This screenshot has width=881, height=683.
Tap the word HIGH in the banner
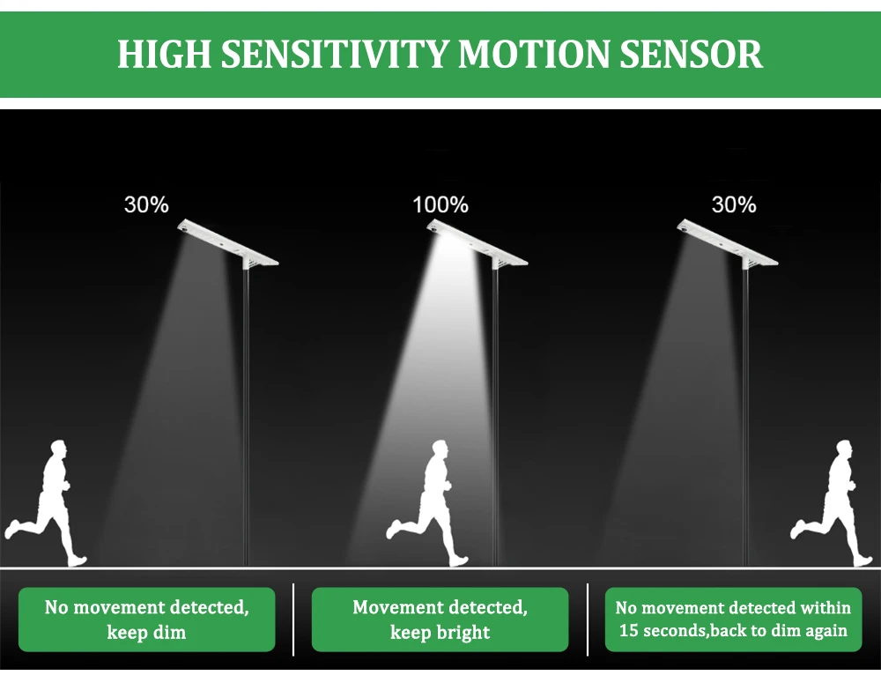tap(164, 54)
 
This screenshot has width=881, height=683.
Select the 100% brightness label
tap(440, 204)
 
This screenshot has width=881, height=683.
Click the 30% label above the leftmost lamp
tap(146, 204)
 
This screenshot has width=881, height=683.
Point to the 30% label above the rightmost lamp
tap(734, 204)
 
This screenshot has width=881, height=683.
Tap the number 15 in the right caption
tap(628, 631)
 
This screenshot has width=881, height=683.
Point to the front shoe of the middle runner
tap(460, 561)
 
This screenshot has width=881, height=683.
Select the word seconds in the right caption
tap(673, 631)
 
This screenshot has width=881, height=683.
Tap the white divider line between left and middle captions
tap(293, 620)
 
